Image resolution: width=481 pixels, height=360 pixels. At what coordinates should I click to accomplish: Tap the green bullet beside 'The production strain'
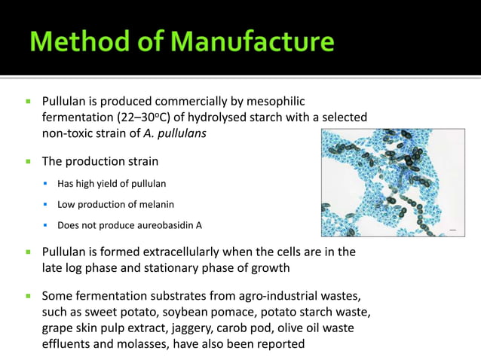coord(29,161)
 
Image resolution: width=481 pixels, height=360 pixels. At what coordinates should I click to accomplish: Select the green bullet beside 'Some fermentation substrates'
coord(29,295)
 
